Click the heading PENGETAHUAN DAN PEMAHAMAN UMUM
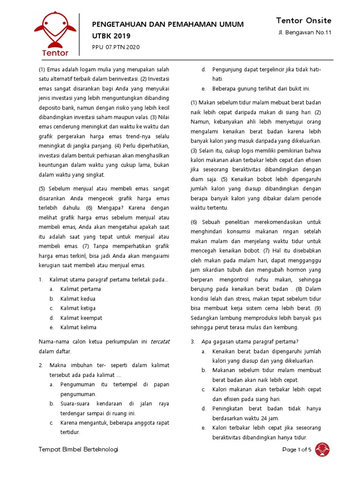point(168,24)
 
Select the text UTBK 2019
point(112,36)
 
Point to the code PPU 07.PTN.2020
point(116,47)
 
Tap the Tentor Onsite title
point(304,21)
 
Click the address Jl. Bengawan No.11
point(305,33)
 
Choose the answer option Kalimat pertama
point(81,289)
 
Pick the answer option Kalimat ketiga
point(78,308)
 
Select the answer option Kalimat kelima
point(78,328)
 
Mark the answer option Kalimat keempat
point(81,318)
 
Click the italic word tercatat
point(160,342)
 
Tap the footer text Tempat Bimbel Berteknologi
point(78,450)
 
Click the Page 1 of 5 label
point(297,450)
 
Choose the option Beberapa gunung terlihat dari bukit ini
point(261,89)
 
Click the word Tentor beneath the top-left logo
point(55,53)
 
